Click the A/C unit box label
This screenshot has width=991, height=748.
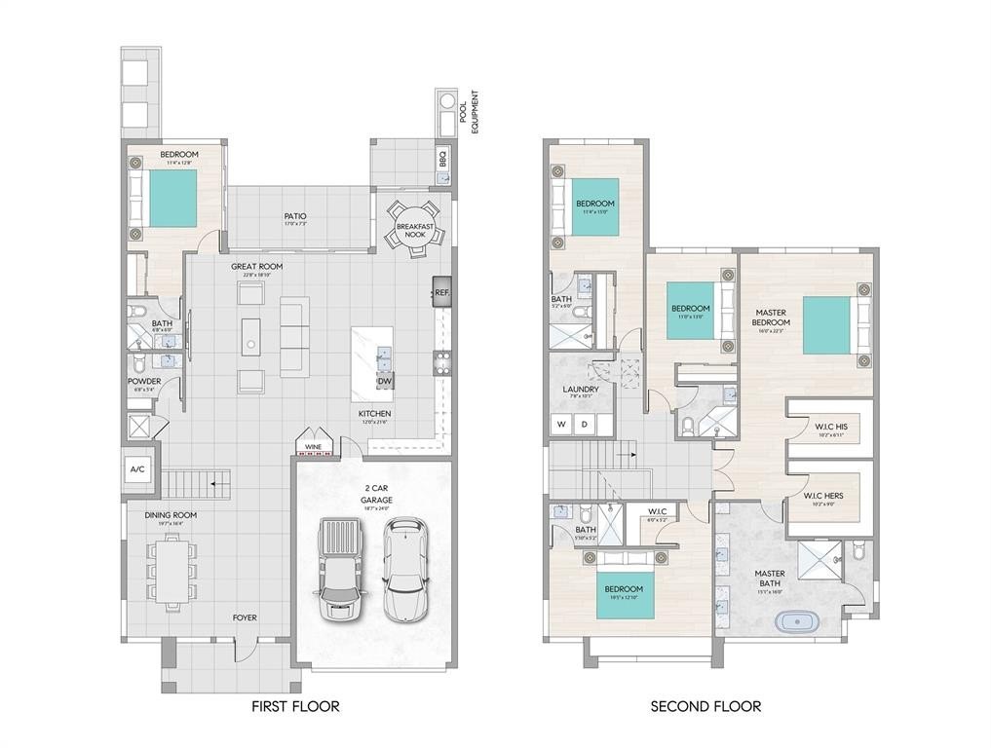[137, 469]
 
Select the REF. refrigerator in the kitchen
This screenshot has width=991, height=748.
[442, 291]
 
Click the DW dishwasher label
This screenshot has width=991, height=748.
[385, 382]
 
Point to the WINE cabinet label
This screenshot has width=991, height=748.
[313, 447]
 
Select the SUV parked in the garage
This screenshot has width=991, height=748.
[404, 569]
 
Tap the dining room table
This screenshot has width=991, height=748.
[172, 571]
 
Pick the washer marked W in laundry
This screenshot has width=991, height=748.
[561, 425]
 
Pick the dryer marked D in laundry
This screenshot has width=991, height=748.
[585, 425]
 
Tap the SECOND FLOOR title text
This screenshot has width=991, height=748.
[706, 706]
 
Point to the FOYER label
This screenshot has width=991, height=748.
[245, 617]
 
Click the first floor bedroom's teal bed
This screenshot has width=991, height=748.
[172, 199]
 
